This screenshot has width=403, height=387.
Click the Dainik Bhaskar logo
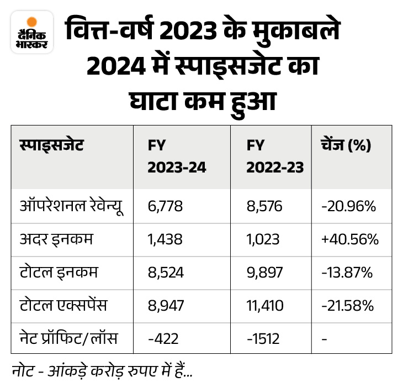pos(31,34)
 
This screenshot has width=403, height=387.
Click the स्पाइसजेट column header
pos(49,146)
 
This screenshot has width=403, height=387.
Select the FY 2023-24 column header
pos(176,156)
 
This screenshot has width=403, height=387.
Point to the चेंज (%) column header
pos(345,146)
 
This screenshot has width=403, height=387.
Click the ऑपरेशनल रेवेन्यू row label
pos(70,206)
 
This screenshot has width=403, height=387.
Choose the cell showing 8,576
pos(264,207)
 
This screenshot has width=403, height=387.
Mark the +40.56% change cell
pos(349,240)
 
